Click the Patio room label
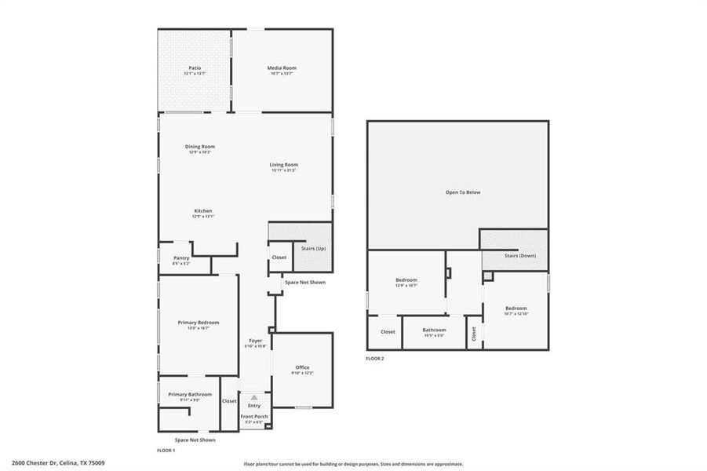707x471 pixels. click(x=194, y=68)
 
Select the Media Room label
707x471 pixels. click(x=282, y=68)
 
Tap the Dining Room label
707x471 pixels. click(x=200, y=147)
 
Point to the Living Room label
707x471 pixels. click(x=284, y=165)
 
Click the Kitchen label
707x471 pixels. click(x=203, y=211)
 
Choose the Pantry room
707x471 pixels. click(x=181, y=258)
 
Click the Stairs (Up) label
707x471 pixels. click(x=313, y=249)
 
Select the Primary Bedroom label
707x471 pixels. click(x=199, y=323)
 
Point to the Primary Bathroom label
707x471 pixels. click(x=190, y=394)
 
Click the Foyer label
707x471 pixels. click(x=256, y=341)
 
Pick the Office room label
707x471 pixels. click(x=302, y=367)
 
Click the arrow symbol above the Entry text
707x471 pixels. click(x=254, y=398)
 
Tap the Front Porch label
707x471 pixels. click(x=254, y=416)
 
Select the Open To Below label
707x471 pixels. click(x=463, y=192)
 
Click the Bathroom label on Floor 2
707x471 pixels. click(x=434, y=330)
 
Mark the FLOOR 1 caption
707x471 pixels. click(x=166, y=451)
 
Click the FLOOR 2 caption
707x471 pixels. click(x=375, y=359)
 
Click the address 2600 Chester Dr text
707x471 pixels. click(x=58, y=463)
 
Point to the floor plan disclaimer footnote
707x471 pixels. click(x=353, y=464)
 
